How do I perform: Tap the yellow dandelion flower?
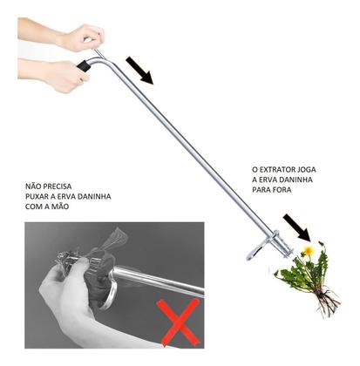click(x=307, y=252)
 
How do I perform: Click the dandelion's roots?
click(x=325, y=302)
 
